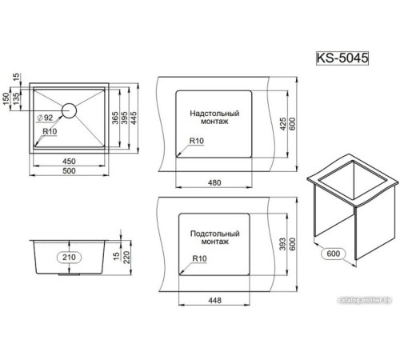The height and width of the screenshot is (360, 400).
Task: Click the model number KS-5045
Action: tap(342, 58)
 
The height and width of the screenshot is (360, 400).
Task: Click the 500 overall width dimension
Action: tap(68, 170)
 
